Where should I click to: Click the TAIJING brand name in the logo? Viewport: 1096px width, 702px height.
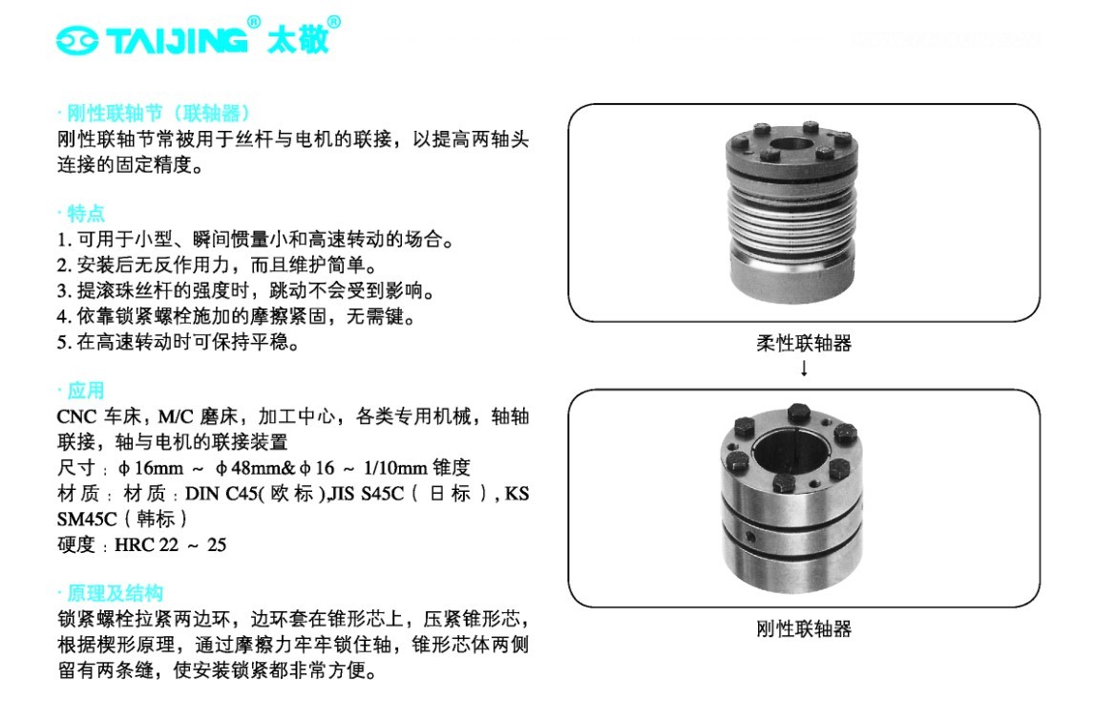(x=177, y=40)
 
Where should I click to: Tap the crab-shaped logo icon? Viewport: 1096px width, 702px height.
(x=77, y=40)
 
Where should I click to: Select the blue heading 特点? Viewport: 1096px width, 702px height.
(x=85, y=213)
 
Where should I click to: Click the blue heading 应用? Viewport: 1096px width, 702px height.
(x=85, y=390)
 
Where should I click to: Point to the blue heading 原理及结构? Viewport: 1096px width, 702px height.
(x=116, y=593)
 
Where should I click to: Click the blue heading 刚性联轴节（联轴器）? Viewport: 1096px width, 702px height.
(x=158, y=114)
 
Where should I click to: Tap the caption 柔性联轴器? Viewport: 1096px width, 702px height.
(x=804, y=343)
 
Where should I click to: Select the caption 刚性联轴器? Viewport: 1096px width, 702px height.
(x=804, y=628)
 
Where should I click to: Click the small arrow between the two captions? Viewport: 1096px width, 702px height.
(x=805, y=368)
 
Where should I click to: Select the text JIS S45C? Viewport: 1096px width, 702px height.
(x=367, y=494)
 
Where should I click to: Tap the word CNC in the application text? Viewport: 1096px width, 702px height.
(x=76, y=416)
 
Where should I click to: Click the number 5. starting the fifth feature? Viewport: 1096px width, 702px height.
(x=64, y=343)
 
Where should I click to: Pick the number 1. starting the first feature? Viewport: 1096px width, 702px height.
(x=64, y=240)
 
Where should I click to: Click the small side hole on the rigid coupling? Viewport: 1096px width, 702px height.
(x=750, y=537)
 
